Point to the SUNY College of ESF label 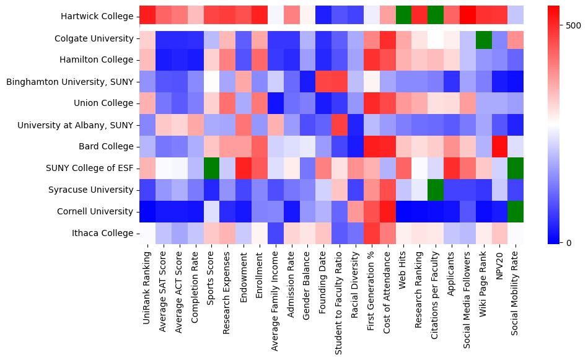click(90, 169)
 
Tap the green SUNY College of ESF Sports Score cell click(212, 168)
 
